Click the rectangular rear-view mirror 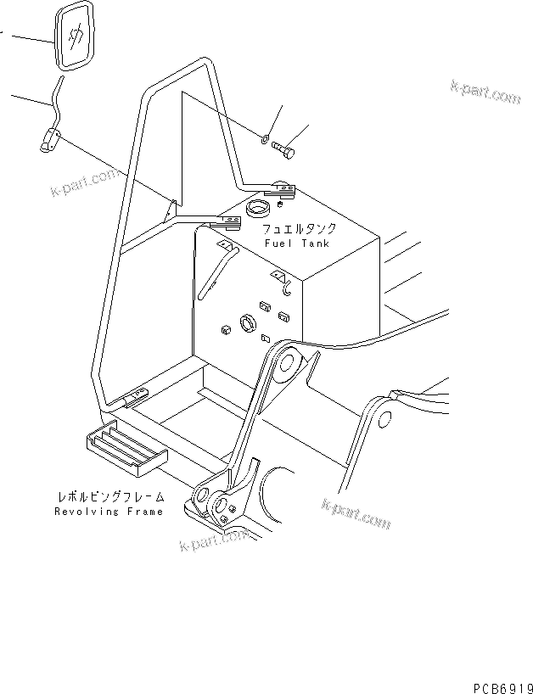pos(74,39)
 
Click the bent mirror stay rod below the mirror pos(56,98)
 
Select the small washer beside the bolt pos(266,139)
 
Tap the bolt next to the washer pos(283,150)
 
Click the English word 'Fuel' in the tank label pos(277,243)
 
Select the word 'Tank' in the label pos(313,243)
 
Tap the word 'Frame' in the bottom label pos(143,512)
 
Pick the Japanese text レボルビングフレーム pos(109,498)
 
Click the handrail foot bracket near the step pos(137,395)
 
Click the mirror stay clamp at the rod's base pos(48,140)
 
